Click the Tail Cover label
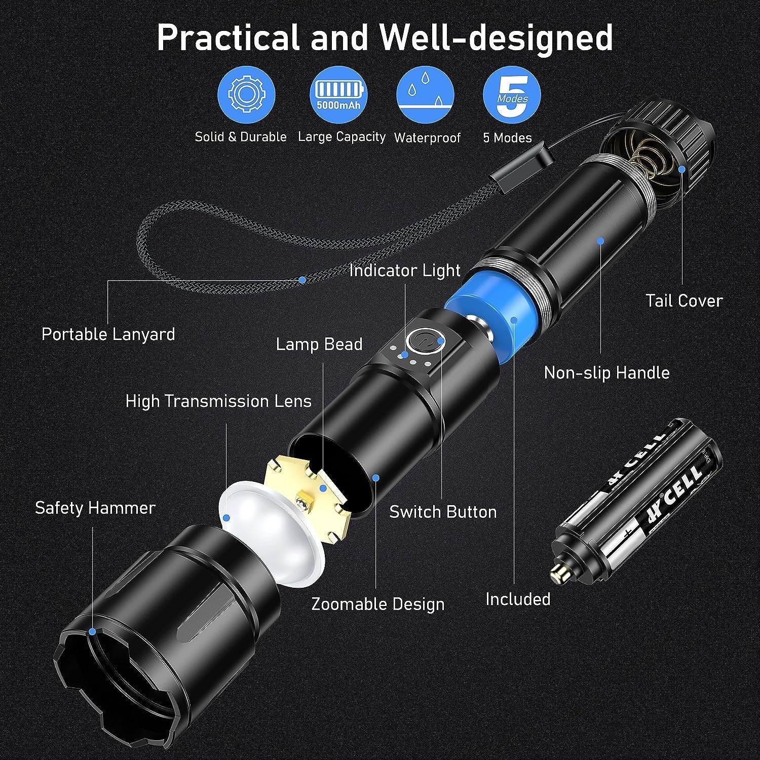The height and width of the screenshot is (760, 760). click(x=684, y=300)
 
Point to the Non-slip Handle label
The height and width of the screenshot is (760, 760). click(x=606, y=373)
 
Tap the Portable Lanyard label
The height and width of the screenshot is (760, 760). click(x=108, y=334)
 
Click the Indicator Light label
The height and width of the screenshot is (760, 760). click(x=405, y=271)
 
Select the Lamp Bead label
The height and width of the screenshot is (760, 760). click(x=319, y=345)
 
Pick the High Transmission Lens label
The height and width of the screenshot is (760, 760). click(x=218, y=401)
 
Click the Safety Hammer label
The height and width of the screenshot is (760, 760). click(x=95, y=508)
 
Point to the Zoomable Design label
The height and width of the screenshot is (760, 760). click(x=377, y=604)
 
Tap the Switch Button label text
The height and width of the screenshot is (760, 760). click(x=443, y=512)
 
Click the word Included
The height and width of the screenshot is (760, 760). click(x=518, y=599)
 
